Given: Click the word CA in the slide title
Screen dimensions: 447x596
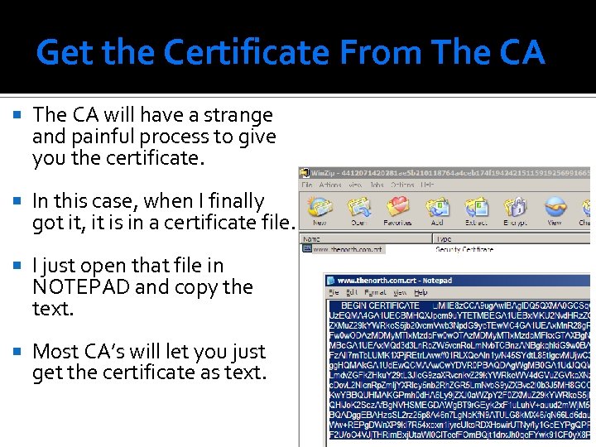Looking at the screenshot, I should pyautogui.click(x=521, y=53).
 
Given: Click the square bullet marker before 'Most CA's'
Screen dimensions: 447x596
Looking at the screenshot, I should pyautogui.click(x=20, y=352).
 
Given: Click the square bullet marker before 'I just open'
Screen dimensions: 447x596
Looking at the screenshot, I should pyautogui.click(x=20, y=266).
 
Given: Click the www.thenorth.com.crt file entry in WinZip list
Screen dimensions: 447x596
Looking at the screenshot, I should pyautogui.click(x=348, y=249).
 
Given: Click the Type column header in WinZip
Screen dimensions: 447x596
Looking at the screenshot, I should pyautogui.click(x=444, y=238).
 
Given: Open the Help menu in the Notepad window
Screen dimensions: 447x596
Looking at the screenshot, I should pyautogui.click(x=421, y=292).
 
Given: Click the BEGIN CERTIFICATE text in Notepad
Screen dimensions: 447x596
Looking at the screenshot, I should pyautogui.click(x=380, y=305).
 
